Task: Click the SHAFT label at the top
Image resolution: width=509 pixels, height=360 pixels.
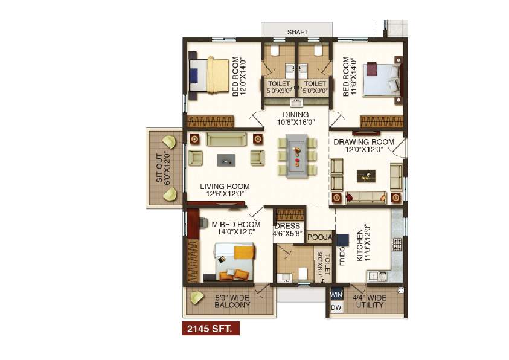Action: tap(296, 31)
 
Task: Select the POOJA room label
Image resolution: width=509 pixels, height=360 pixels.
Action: tap(319, 237)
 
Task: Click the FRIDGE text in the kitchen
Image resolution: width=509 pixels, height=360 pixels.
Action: tap(342, 256)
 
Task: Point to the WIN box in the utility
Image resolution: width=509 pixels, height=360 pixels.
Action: tap(336, 295)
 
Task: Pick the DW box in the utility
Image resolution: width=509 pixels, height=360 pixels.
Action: tap(336, 308)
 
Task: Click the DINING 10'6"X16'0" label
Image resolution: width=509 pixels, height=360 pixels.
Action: tap(296, 118)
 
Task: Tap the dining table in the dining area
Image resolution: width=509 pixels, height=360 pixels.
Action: tap(296, 155)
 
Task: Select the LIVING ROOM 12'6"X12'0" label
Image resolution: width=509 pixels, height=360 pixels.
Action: tap(225, 190)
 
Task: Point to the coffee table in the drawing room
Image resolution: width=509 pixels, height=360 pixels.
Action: tap(365, 175)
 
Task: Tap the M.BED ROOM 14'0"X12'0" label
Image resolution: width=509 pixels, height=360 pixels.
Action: tap(232, 228)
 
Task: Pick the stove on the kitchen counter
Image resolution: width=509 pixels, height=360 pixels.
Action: tap(397, 244)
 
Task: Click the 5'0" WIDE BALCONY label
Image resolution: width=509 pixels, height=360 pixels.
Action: tap(232, 301)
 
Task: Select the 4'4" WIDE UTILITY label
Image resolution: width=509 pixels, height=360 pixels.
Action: tap(370, 301)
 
